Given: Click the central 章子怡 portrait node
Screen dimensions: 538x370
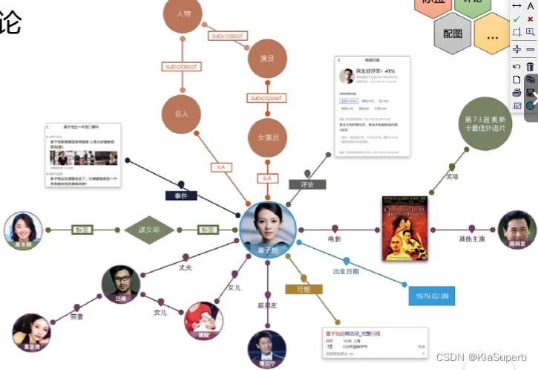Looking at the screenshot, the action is pos(268,226).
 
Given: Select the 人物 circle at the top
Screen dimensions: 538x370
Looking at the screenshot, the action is pos(183,16).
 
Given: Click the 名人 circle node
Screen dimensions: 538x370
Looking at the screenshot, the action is pos(182,114).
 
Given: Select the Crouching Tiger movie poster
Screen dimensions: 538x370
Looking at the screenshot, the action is pos(404,227).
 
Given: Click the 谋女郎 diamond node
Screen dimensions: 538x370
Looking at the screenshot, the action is pos(149,230).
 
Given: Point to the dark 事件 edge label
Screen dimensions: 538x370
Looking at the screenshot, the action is pos(181,195).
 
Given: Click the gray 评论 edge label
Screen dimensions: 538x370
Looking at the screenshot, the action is pos(307,184).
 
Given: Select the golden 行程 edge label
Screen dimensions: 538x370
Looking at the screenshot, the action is pos(303,288).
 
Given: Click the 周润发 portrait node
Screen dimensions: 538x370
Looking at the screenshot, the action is pos(517,230).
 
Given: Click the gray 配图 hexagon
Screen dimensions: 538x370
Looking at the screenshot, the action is pos(453,33).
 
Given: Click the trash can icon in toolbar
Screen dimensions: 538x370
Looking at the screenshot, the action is pos(530,66).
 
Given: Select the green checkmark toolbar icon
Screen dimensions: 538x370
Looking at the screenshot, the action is pos(516,19).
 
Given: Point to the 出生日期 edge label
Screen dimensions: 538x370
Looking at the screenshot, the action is pos(346,271).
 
